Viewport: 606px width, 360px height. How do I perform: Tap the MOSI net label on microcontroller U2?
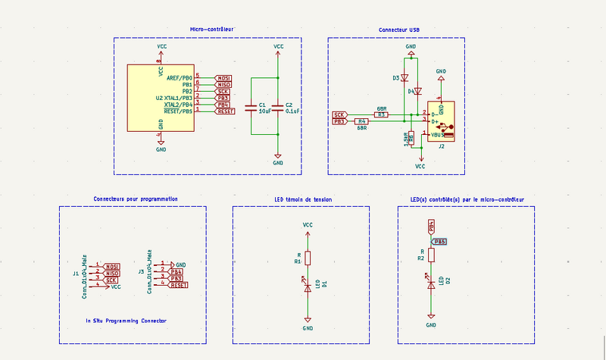point(223,77)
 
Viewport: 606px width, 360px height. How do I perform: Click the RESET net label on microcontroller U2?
point(225,111)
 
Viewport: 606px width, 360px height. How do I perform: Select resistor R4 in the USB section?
point(362,121)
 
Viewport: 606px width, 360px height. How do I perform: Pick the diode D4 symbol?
point(417,91)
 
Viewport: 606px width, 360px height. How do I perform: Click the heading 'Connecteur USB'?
point(398,30)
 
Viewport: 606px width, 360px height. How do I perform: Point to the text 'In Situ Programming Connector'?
point(127,321)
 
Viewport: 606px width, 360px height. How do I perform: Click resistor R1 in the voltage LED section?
point(308,258)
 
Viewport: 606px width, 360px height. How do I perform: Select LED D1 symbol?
point(308,286)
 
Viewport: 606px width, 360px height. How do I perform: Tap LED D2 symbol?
point(431,283)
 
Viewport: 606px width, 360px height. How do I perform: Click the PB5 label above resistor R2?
point(439,241)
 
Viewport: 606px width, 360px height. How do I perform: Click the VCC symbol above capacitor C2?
point(278,49)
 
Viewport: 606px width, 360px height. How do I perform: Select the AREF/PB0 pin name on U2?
point(179,77)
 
